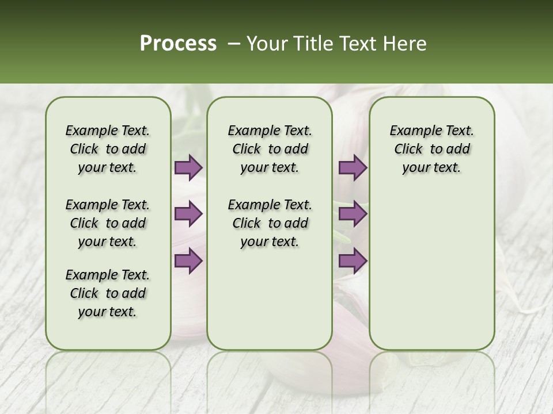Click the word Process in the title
(x=178, y=44)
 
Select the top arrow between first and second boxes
(x=188, y=168)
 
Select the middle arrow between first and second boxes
(x=188, y=214)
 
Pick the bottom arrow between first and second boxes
(x=188, y=261)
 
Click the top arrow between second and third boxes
(x=353, y=168)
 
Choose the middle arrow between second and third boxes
(x=353, y=214)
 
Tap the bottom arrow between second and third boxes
(x=353, y=261)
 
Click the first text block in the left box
(x=108, y=149)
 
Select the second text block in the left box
(x=108, y=223)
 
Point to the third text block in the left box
(x=108, y=293)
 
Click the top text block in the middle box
(x=270, y=149)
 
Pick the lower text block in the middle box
(x=270, y=223)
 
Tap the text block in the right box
(x=431, y=149)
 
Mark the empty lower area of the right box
(x=431, y=264)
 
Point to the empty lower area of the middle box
(x=270, y=299)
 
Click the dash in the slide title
(x=234, y=44)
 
